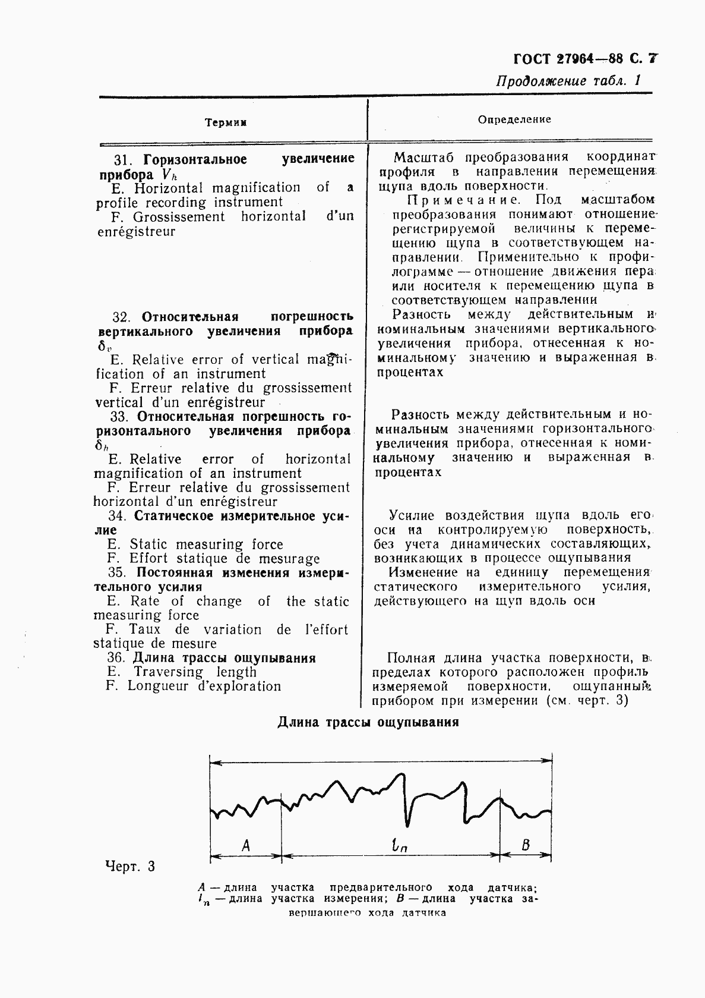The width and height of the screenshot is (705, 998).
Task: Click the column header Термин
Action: tap(225, 122)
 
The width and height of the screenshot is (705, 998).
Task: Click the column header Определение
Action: tap(514, 119)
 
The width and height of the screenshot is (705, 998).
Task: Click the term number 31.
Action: tap(121, 159)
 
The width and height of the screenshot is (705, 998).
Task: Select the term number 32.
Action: tap(121, 317)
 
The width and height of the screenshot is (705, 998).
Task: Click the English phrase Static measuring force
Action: tap(206, 544)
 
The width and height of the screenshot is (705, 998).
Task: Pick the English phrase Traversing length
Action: tap(195, 672)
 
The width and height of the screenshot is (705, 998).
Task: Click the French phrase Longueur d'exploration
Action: tap(204, 687)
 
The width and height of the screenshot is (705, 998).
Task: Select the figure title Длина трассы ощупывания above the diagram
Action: tap(368, 723)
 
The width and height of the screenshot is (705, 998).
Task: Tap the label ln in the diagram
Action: tap(400, 845)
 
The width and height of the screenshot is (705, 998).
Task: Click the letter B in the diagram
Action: tap(525, 844)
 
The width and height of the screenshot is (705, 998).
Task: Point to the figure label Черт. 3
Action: tap(129, 866)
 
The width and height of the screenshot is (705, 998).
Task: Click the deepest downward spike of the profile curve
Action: tap(407, 825)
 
